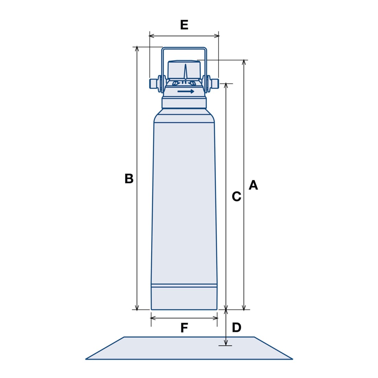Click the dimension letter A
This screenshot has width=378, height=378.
click(253, 185)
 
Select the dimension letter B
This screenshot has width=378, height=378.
click(129, 179)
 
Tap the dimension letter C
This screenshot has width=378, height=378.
click(236, 197)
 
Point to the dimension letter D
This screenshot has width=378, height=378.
click(236, 327)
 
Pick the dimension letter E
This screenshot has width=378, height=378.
click(184, 25)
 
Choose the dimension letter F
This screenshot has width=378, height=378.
click(184, 328)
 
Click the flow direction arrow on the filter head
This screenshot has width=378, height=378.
click(186, 91)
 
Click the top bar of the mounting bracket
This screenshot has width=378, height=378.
click(184, 48)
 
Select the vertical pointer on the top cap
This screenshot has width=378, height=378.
click(185, 71)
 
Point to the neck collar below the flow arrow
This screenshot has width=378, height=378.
click(184, 103)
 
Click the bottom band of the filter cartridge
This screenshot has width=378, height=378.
click(184, 298)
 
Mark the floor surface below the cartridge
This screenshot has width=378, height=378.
click(189, 348)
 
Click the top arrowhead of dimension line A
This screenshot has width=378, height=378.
click(244, 62)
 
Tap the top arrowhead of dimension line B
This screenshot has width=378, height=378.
click(137, 49)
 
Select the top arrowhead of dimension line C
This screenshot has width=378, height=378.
click(226, 86)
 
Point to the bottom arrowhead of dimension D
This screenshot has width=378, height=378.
click(226, 343)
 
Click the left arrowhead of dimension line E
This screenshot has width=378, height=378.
click(152, 36)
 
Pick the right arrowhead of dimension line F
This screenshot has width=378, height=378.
click(215, 318)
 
